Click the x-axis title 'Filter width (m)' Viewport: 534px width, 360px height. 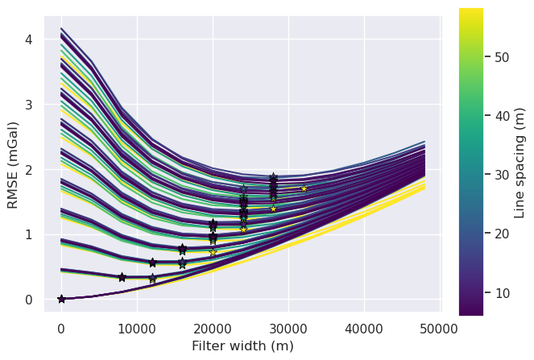242,346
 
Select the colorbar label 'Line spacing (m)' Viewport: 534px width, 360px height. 520,161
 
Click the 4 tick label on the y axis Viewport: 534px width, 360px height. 29,39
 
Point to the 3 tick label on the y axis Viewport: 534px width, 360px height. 29,104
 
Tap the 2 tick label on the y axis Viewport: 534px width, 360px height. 29,169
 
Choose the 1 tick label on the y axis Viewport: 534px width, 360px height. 29,234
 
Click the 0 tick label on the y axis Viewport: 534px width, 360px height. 29,300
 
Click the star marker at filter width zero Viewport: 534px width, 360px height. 61,299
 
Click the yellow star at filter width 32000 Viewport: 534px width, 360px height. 304,188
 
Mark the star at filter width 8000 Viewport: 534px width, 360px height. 122,277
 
